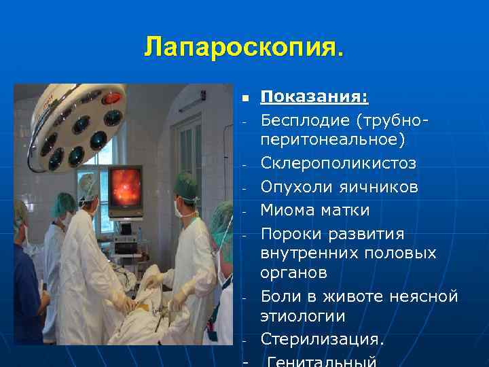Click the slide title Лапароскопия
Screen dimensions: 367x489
244,48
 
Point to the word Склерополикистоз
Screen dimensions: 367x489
338,164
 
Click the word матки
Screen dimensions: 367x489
348,210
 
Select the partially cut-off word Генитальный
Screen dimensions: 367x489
323,361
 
